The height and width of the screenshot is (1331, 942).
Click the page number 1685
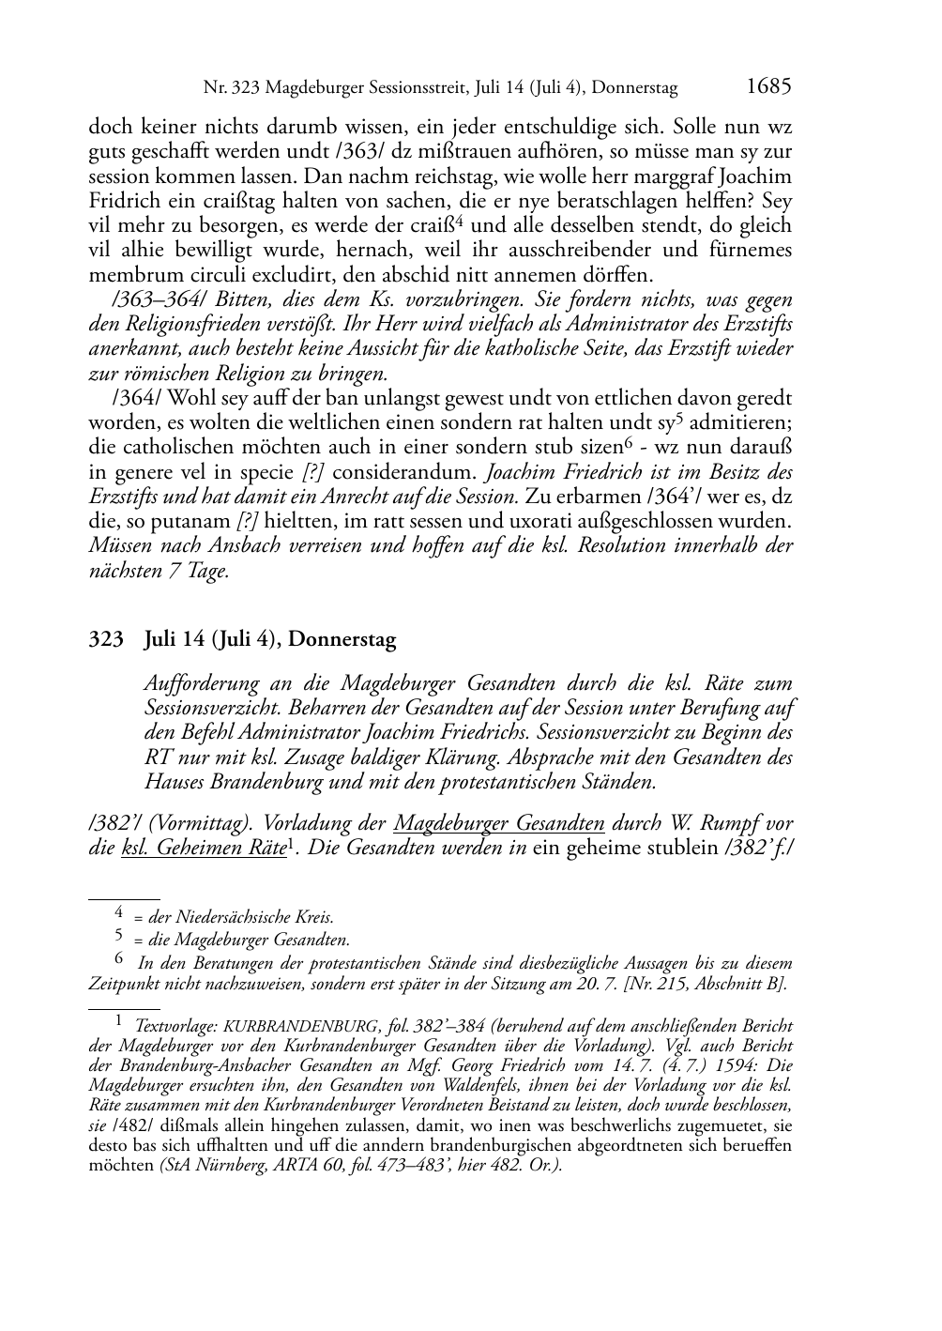click(x=768, y=87)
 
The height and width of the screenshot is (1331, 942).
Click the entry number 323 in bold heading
click(x=106, y=640)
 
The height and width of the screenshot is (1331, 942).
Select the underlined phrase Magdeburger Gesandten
click(x=499, y=824)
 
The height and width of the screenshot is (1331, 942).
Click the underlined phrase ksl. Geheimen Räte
click(x=204, y=849)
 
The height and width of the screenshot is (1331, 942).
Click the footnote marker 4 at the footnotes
click(x=119, y=910)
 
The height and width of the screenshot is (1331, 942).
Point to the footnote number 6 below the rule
click(x=119, y=958)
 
